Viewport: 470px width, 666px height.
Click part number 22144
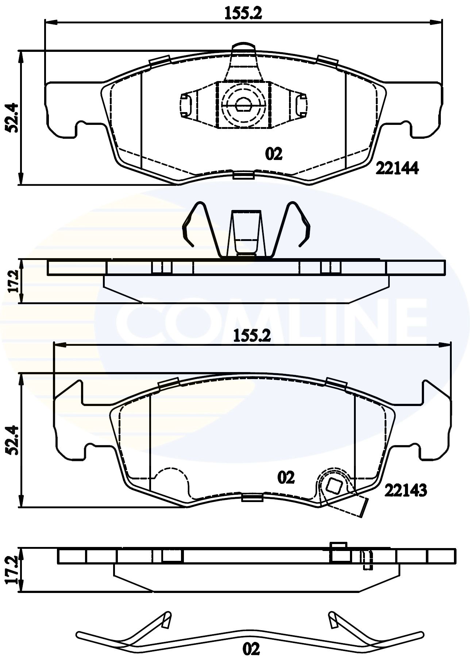click(397, 168)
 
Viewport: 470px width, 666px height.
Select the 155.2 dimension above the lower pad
click(252, 336)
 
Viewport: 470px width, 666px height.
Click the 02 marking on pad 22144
click(274, 154)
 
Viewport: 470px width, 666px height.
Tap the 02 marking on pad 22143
click(286, 478)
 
